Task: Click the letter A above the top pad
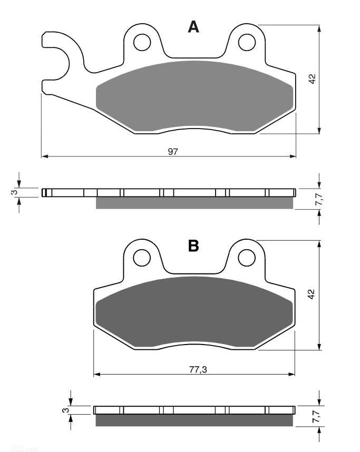click(x=193, y=27)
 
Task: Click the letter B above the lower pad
click(x=193, y=246)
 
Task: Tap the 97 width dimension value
click(x=173, y=151)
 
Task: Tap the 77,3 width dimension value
click(x=198, y=369)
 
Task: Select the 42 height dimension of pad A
click(x=313, y=79)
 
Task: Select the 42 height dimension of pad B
click(x=312, y=294)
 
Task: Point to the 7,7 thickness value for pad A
click(x=318, y=199)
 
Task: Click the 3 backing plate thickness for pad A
click(x=14, y=192)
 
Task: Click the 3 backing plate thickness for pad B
click(x=66, y=410)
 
